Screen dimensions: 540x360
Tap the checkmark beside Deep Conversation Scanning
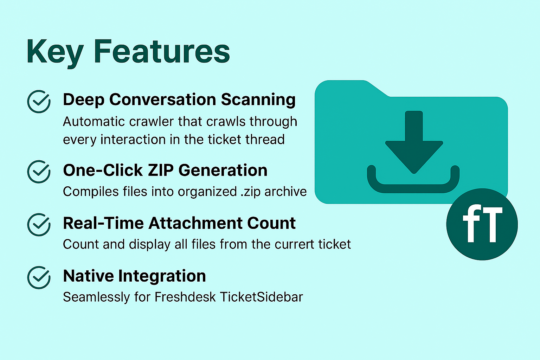39,102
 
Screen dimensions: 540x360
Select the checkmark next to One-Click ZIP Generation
39,172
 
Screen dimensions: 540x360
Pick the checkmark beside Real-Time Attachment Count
39,225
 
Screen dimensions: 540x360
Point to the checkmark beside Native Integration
39,277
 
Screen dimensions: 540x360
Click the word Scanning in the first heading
258,100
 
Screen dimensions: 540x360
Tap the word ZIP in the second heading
161,170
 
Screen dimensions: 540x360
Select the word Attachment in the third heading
195,223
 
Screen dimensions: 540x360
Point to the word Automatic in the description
94,121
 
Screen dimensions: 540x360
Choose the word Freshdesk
185,297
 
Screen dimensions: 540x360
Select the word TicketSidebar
261,297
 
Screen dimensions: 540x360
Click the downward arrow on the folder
414,142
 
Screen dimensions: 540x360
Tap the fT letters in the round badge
483,224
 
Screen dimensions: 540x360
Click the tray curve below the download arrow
413,188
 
